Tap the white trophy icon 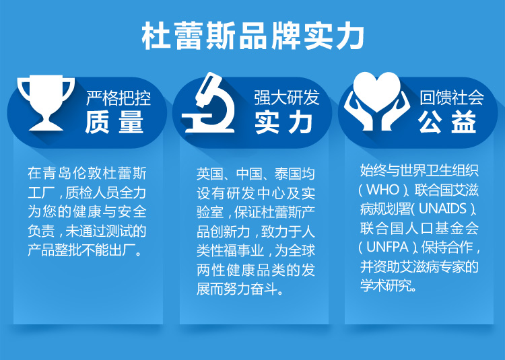[46, 103]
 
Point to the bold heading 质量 [114, 122]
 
